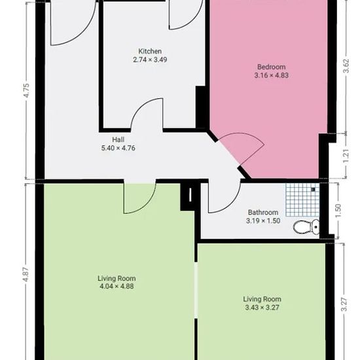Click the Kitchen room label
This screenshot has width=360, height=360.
pos(150,51)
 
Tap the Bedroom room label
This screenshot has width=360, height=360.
pos(272,67)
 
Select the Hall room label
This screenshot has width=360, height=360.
pos(118,139)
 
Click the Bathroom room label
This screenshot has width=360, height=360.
pos(263,212)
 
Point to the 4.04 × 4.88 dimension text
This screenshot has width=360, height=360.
pos(117,286)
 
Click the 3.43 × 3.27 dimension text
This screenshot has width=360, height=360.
pos(262,308)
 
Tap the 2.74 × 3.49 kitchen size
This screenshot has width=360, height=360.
pos(150,60)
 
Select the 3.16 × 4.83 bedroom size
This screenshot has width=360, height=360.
pos(272,75)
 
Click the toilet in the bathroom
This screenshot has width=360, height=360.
pos(306,227)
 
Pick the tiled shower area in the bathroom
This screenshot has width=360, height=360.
pos(302,200)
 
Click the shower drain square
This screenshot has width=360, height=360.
pos(313,189)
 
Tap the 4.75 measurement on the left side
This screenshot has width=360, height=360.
pos(27,90)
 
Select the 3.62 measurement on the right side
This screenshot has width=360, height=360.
pos(346,66)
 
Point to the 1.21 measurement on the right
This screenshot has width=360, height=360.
pos(346,156)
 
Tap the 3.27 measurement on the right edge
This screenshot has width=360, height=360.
pos(344,304)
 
